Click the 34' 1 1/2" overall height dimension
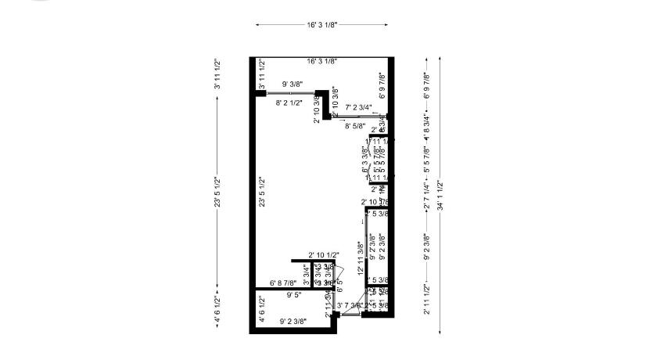click(x=441, y=196)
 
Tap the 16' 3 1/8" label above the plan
click(x=322, y=24)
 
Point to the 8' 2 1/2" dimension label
click(x=291, y=102)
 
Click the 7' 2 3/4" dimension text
click(x=358, y=107)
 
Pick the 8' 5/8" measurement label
click(x=360, y=125)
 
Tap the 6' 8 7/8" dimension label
click(x=283, y=283)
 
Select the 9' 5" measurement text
click(x=294, y=296)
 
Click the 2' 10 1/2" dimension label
click(x=322, y=255)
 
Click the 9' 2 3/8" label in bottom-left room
click(x=293, y=321)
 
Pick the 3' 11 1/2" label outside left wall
click(x=217, y=74)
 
